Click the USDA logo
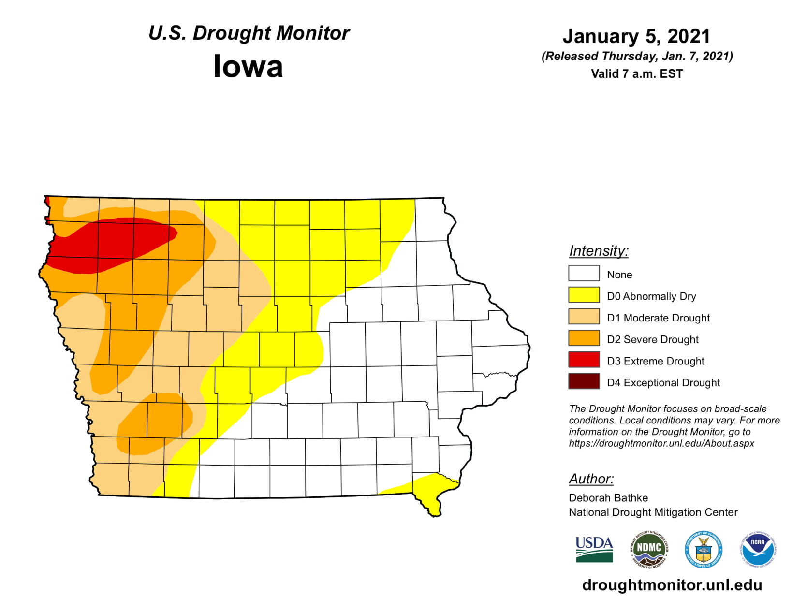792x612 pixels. (594, 550)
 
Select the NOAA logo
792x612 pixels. (758, 549)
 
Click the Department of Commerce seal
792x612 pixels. (704, 550)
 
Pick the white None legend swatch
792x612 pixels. (584, 274)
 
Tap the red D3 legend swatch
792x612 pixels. (584, 360)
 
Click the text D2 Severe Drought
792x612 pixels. (652, 339)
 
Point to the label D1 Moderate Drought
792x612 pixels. (658, 318)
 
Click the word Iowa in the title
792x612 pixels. (248, 66)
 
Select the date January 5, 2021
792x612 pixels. (636, 36)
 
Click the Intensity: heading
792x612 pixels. (599, 251)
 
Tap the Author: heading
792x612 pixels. (591, 479)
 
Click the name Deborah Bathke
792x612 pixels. (608, 497)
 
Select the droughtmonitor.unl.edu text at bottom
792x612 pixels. (672, 585)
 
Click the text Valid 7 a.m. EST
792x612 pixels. (636, 74)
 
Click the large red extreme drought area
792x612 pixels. (111, 244)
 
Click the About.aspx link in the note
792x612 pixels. (661, 443)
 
